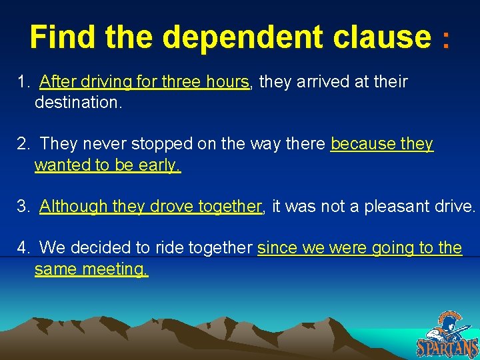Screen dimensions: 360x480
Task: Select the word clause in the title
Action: tap(383, 37)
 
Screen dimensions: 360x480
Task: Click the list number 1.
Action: tap(23, 82)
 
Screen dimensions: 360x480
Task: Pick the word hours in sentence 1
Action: tap(226, 82)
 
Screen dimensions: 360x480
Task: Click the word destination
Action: tap(77, 102)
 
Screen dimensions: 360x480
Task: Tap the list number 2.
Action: tap(23, 144)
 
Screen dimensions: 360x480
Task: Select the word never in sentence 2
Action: tap(110, 144)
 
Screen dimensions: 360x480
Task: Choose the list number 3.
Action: tap(23, 207)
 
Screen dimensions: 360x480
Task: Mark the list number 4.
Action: tap(23, 248)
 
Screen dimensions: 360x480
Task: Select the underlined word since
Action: tap(277, 248)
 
